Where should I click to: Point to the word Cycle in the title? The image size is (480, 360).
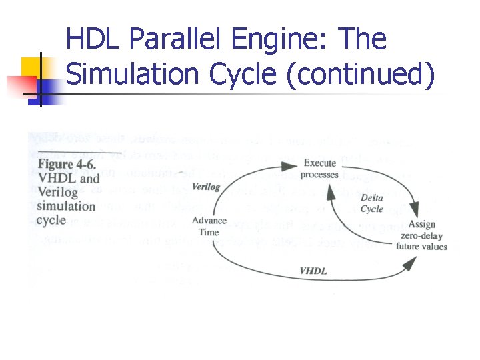coord(244,75)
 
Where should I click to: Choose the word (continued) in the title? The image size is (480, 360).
coord(361,75)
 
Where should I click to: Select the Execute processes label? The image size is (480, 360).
coord(319,169)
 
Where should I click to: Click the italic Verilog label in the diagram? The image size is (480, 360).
coord(205,187)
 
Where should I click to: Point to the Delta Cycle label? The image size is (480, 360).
coord(372,203)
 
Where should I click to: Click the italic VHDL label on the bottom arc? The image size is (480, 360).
coord(313,271)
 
